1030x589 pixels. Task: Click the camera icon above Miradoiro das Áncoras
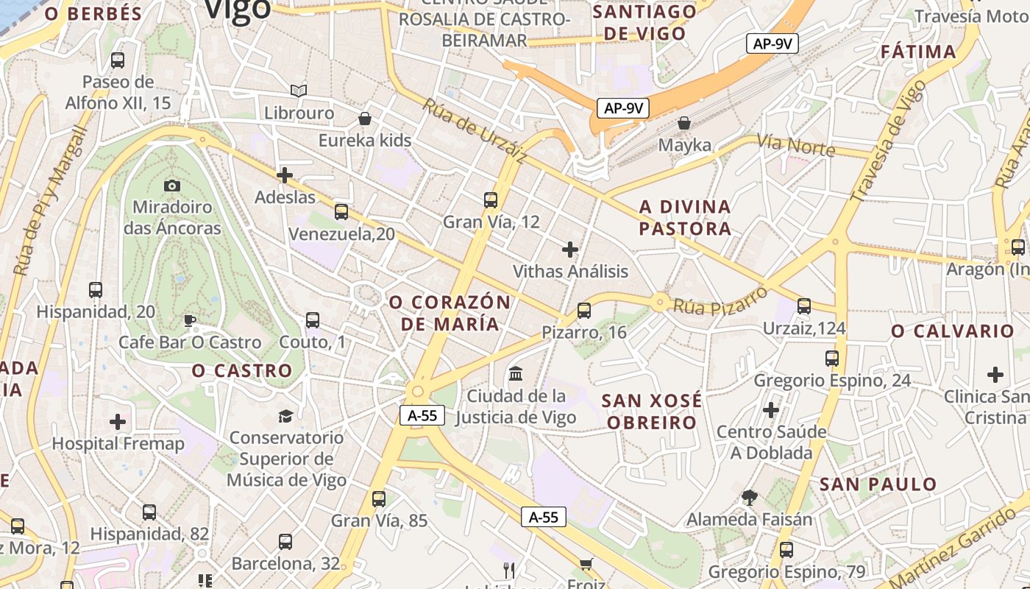pos(172,186)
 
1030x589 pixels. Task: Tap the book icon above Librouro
pos(298,91)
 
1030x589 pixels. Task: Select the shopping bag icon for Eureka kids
pos(365,119)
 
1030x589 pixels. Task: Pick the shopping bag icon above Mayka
pos(684,123)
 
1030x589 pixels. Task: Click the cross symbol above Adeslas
pos(285,175)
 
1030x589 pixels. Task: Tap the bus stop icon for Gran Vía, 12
pos(491,200)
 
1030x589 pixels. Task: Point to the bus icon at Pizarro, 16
pos(584,311)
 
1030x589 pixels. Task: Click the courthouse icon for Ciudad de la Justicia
pos(516,374)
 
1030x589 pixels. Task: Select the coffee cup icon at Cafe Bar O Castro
pos(190,321)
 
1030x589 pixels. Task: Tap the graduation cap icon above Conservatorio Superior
pos(285,417)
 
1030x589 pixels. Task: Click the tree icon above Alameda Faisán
pos(749,498)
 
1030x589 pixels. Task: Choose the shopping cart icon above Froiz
pos(586,565)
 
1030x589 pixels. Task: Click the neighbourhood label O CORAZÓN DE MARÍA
pos(450,313)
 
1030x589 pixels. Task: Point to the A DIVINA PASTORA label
pos(685,217)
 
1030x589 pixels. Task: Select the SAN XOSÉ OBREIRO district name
pos(650,412)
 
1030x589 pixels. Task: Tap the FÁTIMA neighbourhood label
pos(918,52)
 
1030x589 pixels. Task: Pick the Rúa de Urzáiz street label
pos(475,130)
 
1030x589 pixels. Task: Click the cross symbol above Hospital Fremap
pos(118,422)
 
